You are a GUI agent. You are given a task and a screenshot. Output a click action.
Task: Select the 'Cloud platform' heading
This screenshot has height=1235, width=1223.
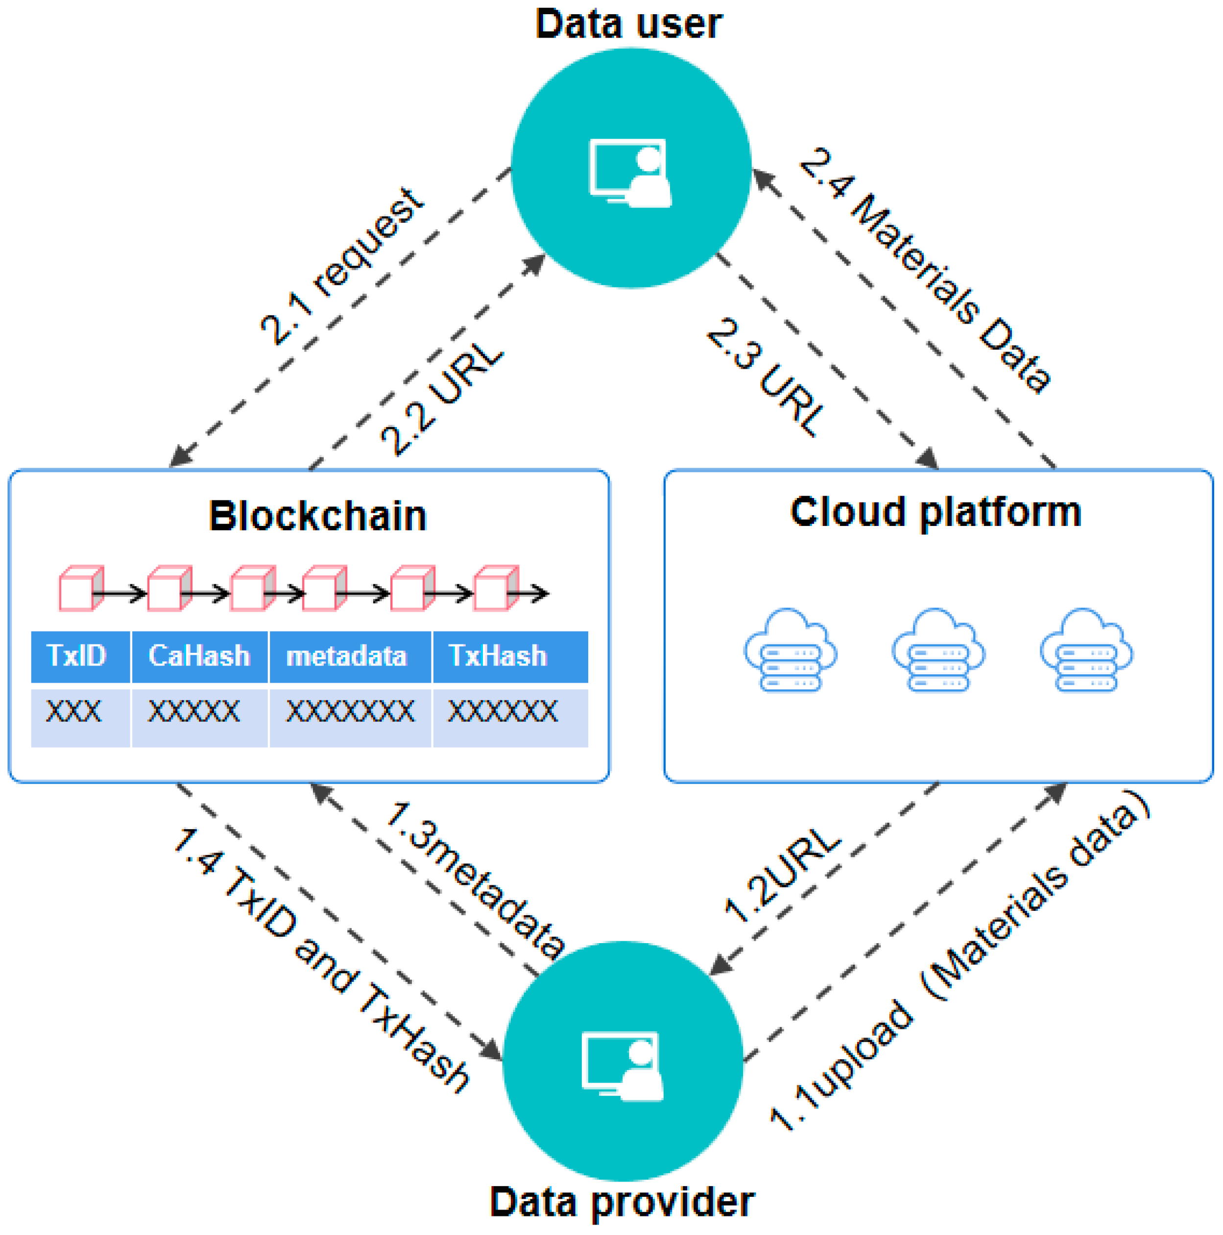(x=935, y=512)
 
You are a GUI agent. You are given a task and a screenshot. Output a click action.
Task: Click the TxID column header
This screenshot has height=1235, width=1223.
(x=77, y=656)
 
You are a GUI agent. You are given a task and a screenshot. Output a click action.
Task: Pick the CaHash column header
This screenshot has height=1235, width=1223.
(x=199, y=656)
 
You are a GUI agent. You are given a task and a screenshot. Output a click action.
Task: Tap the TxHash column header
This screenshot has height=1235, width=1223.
(x=498, y=656)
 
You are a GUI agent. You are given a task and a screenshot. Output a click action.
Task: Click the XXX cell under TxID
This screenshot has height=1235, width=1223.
(x=73, y=711)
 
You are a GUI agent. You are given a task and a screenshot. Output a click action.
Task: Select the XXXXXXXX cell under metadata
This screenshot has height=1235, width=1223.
(x=350, y=711)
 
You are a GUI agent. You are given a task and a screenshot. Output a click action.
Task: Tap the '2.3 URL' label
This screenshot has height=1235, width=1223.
(x=765, y=377)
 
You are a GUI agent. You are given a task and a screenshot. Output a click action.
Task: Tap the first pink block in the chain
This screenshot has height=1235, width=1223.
(x=80, y=588)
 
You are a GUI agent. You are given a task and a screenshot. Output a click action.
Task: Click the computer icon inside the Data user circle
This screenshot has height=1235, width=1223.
(x=630, y=172)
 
